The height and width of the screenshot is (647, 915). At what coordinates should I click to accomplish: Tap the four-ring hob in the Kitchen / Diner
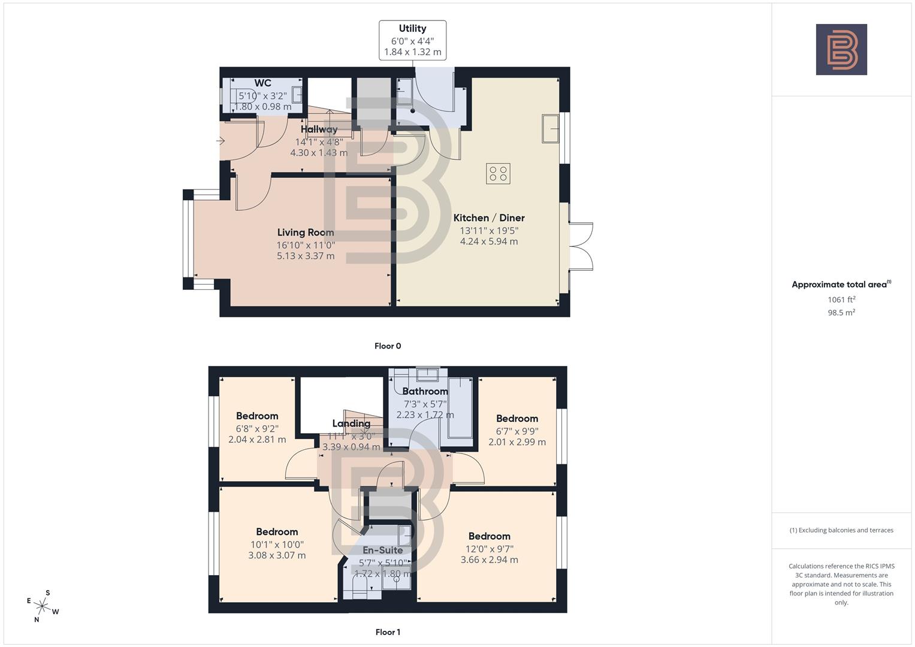tap(498, 174)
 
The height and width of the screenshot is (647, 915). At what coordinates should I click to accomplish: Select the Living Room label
tap(306, 232)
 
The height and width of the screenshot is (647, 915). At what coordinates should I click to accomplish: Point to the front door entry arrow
tap(220, 141)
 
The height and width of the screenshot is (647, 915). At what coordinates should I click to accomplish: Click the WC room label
tap(262, 83)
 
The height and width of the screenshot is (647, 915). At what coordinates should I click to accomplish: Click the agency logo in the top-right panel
tap(841, 50)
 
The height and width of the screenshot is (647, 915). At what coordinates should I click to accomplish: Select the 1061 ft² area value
tap(841, 300)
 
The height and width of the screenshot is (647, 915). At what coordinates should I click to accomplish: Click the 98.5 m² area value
tap(841, 312)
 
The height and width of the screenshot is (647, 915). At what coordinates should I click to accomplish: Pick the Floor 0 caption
tap(388, 346)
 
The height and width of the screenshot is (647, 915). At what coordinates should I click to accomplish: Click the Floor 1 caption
tap(388, 632)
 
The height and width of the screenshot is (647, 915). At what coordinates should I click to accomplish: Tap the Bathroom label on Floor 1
tap(425, 392)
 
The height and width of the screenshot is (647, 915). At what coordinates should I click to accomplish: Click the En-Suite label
tap(382, 550)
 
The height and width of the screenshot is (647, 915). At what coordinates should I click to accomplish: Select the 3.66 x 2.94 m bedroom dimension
tap(489, 560)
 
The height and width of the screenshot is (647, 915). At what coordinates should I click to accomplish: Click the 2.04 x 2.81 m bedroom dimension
tap(257, 440)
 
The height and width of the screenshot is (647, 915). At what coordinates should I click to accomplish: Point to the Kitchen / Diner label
tap(489, 218)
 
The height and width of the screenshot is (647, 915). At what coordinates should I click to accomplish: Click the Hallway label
tap(319, 129)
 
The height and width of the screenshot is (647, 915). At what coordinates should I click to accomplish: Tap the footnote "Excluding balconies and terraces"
tap(841, 530)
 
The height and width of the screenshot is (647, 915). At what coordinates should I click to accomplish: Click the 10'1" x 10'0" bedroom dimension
tap(277, 545)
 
